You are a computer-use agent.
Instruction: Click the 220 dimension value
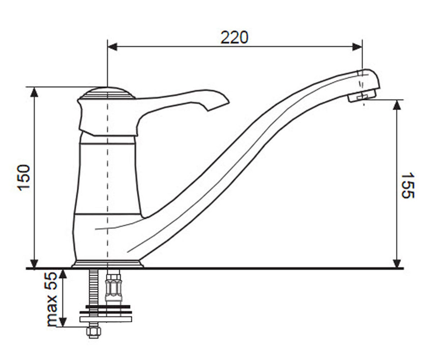click(x=234, y=37)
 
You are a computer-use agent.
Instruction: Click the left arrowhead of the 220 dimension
click(x=112, y=47)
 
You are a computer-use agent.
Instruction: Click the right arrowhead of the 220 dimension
click(x=357, y=47)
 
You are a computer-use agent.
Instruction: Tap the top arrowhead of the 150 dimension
click(x=34, y=92)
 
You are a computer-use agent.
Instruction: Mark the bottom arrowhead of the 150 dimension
click(x=34, y=263)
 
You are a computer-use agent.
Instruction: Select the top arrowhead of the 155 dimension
click(x=396, y=105)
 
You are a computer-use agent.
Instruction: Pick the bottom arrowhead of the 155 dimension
click(x=396, y=263)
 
